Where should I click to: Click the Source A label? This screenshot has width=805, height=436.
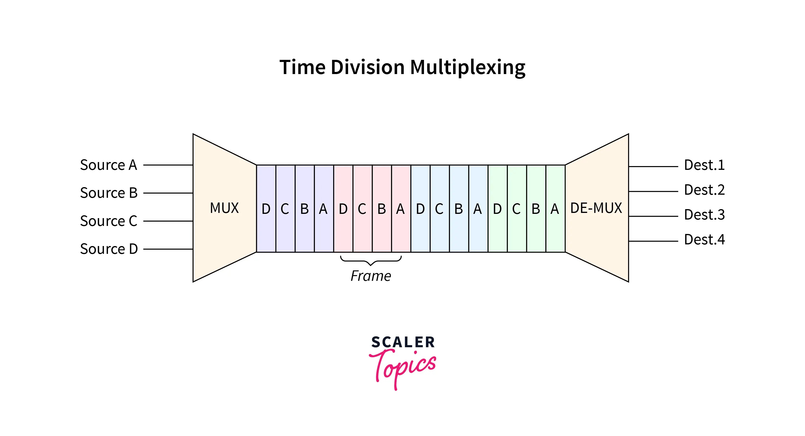tap(108, 165)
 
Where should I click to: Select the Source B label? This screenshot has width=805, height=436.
tap(109, 193)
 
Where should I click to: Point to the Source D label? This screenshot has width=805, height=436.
tap(109, 249)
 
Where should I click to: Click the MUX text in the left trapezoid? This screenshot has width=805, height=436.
tap(224, 208)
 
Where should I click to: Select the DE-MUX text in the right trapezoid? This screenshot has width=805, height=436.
tap(596, 208)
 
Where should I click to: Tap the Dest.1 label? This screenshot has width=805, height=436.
tap(704, 165)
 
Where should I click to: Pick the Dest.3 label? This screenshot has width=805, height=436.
tap(704, 215)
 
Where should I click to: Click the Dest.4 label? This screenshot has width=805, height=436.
tap(704, 240)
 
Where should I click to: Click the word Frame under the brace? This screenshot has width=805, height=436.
tap(371, 276)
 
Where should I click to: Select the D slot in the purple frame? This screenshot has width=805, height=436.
tap(266, 209)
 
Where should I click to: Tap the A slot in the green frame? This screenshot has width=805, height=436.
tap(555, 209)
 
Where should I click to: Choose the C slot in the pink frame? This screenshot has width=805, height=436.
tap(362, 209)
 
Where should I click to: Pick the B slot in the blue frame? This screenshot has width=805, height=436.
tap(459, 209)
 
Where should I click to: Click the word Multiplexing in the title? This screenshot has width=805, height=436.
tap(468, 67)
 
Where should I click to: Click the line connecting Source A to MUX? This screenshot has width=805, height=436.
tap(168, 165)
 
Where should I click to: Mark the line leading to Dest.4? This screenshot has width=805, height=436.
tap(653, 241)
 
